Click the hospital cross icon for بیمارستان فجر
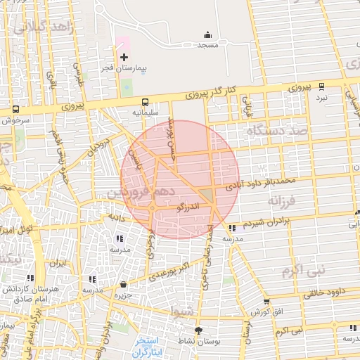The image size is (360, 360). [124, 56]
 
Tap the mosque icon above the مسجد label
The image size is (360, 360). [207, 34]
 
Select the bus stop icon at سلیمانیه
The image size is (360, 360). [145, 101]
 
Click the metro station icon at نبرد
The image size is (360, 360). [321, 86]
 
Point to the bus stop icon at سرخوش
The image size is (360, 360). [15, 110]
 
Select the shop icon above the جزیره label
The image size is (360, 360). [124, 285]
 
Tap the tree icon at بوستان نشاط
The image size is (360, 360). [198, 330]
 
